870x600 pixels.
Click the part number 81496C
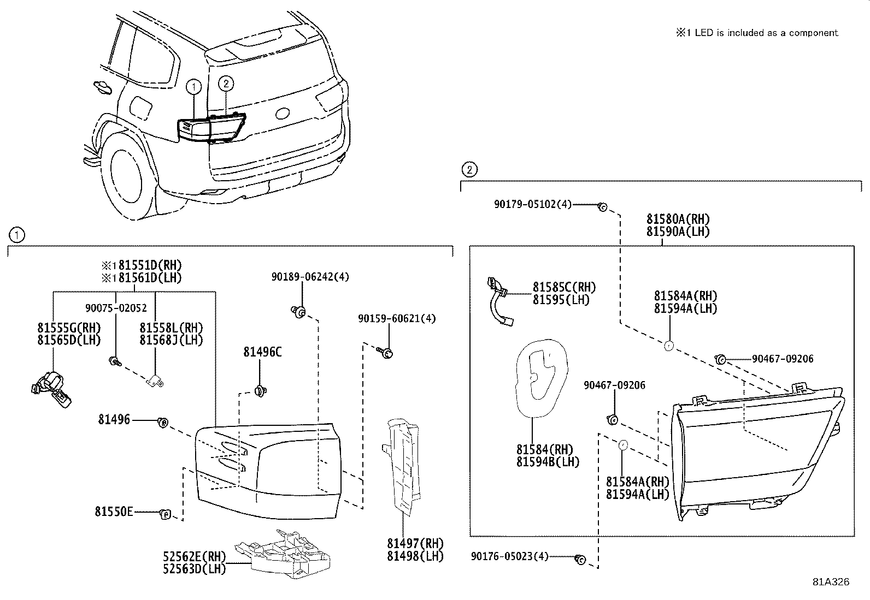click(262, 352)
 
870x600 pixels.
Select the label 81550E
click(114, 512)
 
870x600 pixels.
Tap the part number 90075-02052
click(116, 308)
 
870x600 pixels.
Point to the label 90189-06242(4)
click(310, 277)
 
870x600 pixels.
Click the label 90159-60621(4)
click(397, 318)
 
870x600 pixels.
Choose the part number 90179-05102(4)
click(532, 204)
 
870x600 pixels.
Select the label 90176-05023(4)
click(509, 556)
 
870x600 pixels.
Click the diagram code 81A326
click(831, 582)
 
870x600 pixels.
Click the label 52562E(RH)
click(194, 556)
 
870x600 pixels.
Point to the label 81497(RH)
click(415, 544)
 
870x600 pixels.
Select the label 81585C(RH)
click(564, 287)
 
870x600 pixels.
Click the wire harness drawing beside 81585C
click(500, 301)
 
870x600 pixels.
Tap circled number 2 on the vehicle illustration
click(226, 83)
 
